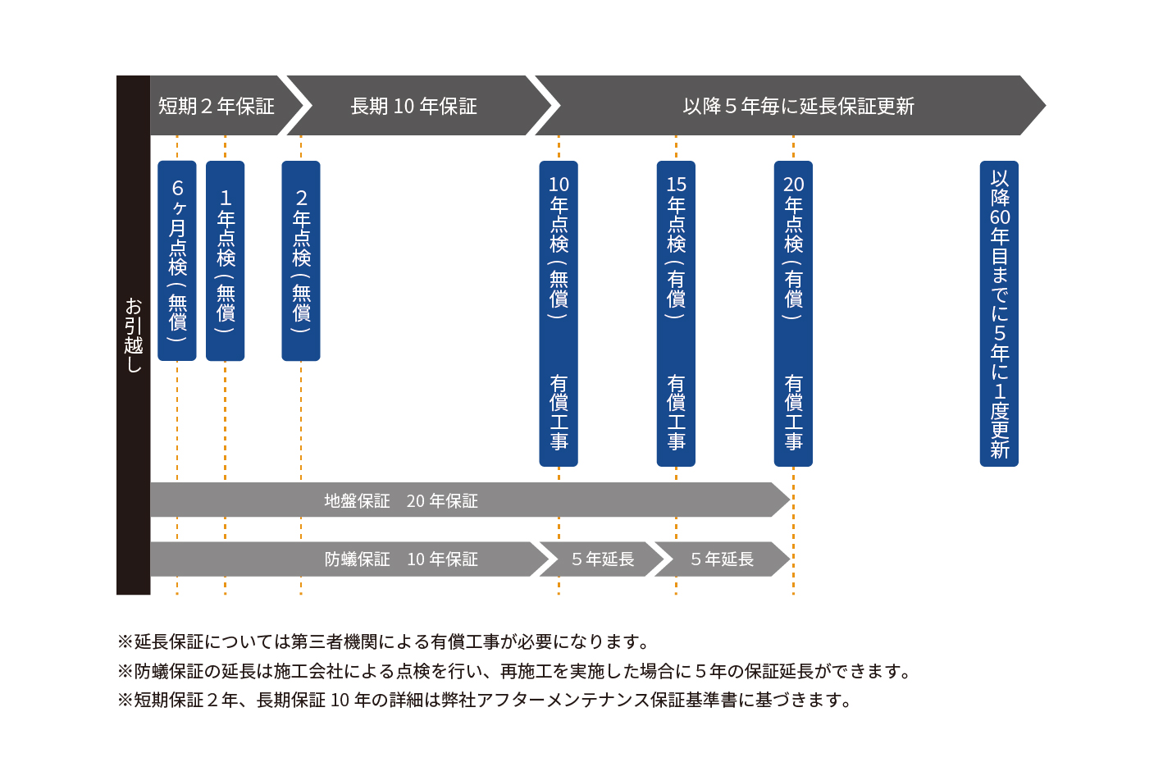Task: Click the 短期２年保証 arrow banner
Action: point(217,106)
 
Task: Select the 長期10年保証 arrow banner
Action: point(414,106)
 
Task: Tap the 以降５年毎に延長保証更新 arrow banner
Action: point(797,106)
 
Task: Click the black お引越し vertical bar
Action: point(133,335)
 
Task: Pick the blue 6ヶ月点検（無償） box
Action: point(177,261)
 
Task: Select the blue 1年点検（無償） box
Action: point(226,261)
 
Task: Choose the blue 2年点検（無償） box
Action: point(301,261)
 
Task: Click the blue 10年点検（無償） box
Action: point(559,246)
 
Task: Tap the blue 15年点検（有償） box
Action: point(676,246)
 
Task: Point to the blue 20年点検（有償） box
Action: point(793,246)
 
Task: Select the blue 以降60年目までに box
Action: point(999,313)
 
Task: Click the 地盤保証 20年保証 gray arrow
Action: point(459,500)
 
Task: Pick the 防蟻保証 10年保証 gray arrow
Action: point(344,559)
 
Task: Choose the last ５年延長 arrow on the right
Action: point(721,559)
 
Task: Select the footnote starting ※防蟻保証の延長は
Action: point(515,671)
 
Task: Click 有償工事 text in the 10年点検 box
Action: point(559,413)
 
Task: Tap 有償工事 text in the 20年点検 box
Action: point(793,413)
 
